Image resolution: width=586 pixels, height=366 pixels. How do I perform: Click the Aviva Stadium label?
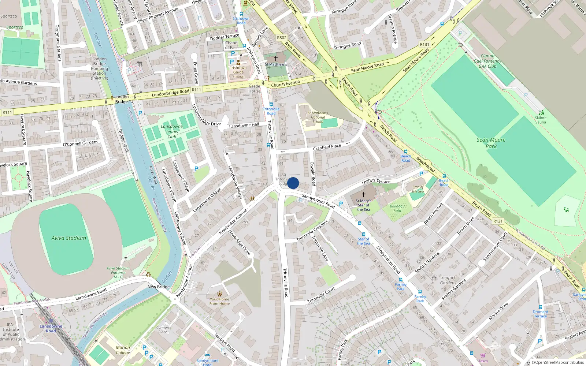[69, 238]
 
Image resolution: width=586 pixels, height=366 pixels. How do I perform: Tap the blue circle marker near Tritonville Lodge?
[293, 183]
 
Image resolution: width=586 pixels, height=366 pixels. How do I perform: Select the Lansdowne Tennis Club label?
[172, 131]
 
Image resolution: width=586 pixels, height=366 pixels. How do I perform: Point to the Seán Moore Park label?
[491, 143]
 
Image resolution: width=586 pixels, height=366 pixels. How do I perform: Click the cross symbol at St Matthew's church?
[276, 58]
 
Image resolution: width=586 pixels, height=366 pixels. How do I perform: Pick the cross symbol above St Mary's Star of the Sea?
[363, 194]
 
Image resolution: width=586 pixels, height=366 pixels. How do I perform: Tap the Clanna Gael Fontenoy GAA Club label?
[487, 61]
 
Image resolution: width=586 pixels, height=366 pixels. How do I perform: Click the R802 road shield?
[282, 38]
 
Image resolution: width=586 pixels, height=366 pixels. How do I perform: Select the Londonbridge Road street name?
[170, 93]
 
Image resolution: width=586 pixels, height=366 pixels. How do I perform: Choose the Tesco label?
[483, 361]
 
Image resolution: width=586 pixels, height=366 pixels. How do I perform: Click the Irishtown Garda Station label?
[238, 72]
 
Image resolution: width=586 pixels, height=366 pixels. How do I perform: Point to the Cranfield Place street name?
[327, 147]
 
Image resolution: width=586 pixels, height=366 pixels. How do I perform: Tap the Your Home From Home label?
[219, 301]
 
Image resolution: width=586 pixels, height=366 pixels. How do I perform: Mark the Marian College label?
[123, 350]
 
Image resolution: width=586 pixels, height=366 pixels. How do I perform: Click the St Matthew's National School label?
[318, 117]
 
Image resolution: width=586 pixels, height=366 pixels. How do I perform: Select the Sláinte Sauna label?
[541, 120]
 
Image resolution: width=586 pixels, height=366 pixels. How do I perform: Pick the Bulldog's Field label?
[397, 208]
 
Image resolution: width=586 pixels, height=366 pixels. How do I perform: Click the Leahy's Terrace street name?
[376, 181]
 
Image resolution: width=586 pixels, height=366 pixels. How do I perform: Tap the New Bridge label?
[159, 287]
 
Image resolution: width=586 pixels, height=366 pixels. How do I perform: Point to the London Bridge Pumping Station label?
[100, 68]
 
